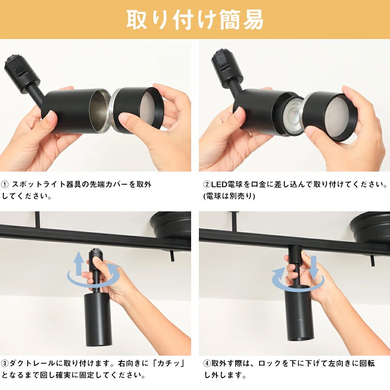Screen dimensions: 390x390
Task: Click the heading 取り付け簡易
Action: click(195, 19)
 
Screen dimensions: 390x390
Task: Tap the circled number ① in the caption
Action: click(5, 184)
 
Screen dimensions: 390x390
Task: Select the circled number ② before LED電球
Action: click(207, 184)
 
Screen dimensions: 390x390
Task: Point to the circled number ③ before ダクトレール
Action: click(5, 363)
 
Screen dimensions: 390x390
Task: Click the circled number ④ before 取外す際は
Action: click(207, 363)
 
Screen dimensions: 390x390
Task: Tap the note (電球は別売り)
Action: click(229, 196)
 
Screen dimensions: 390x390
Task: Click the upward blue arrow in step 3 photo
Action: click(79, 263)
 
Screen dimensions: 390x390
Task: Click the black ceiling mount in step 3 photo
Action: click(171, 225)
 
